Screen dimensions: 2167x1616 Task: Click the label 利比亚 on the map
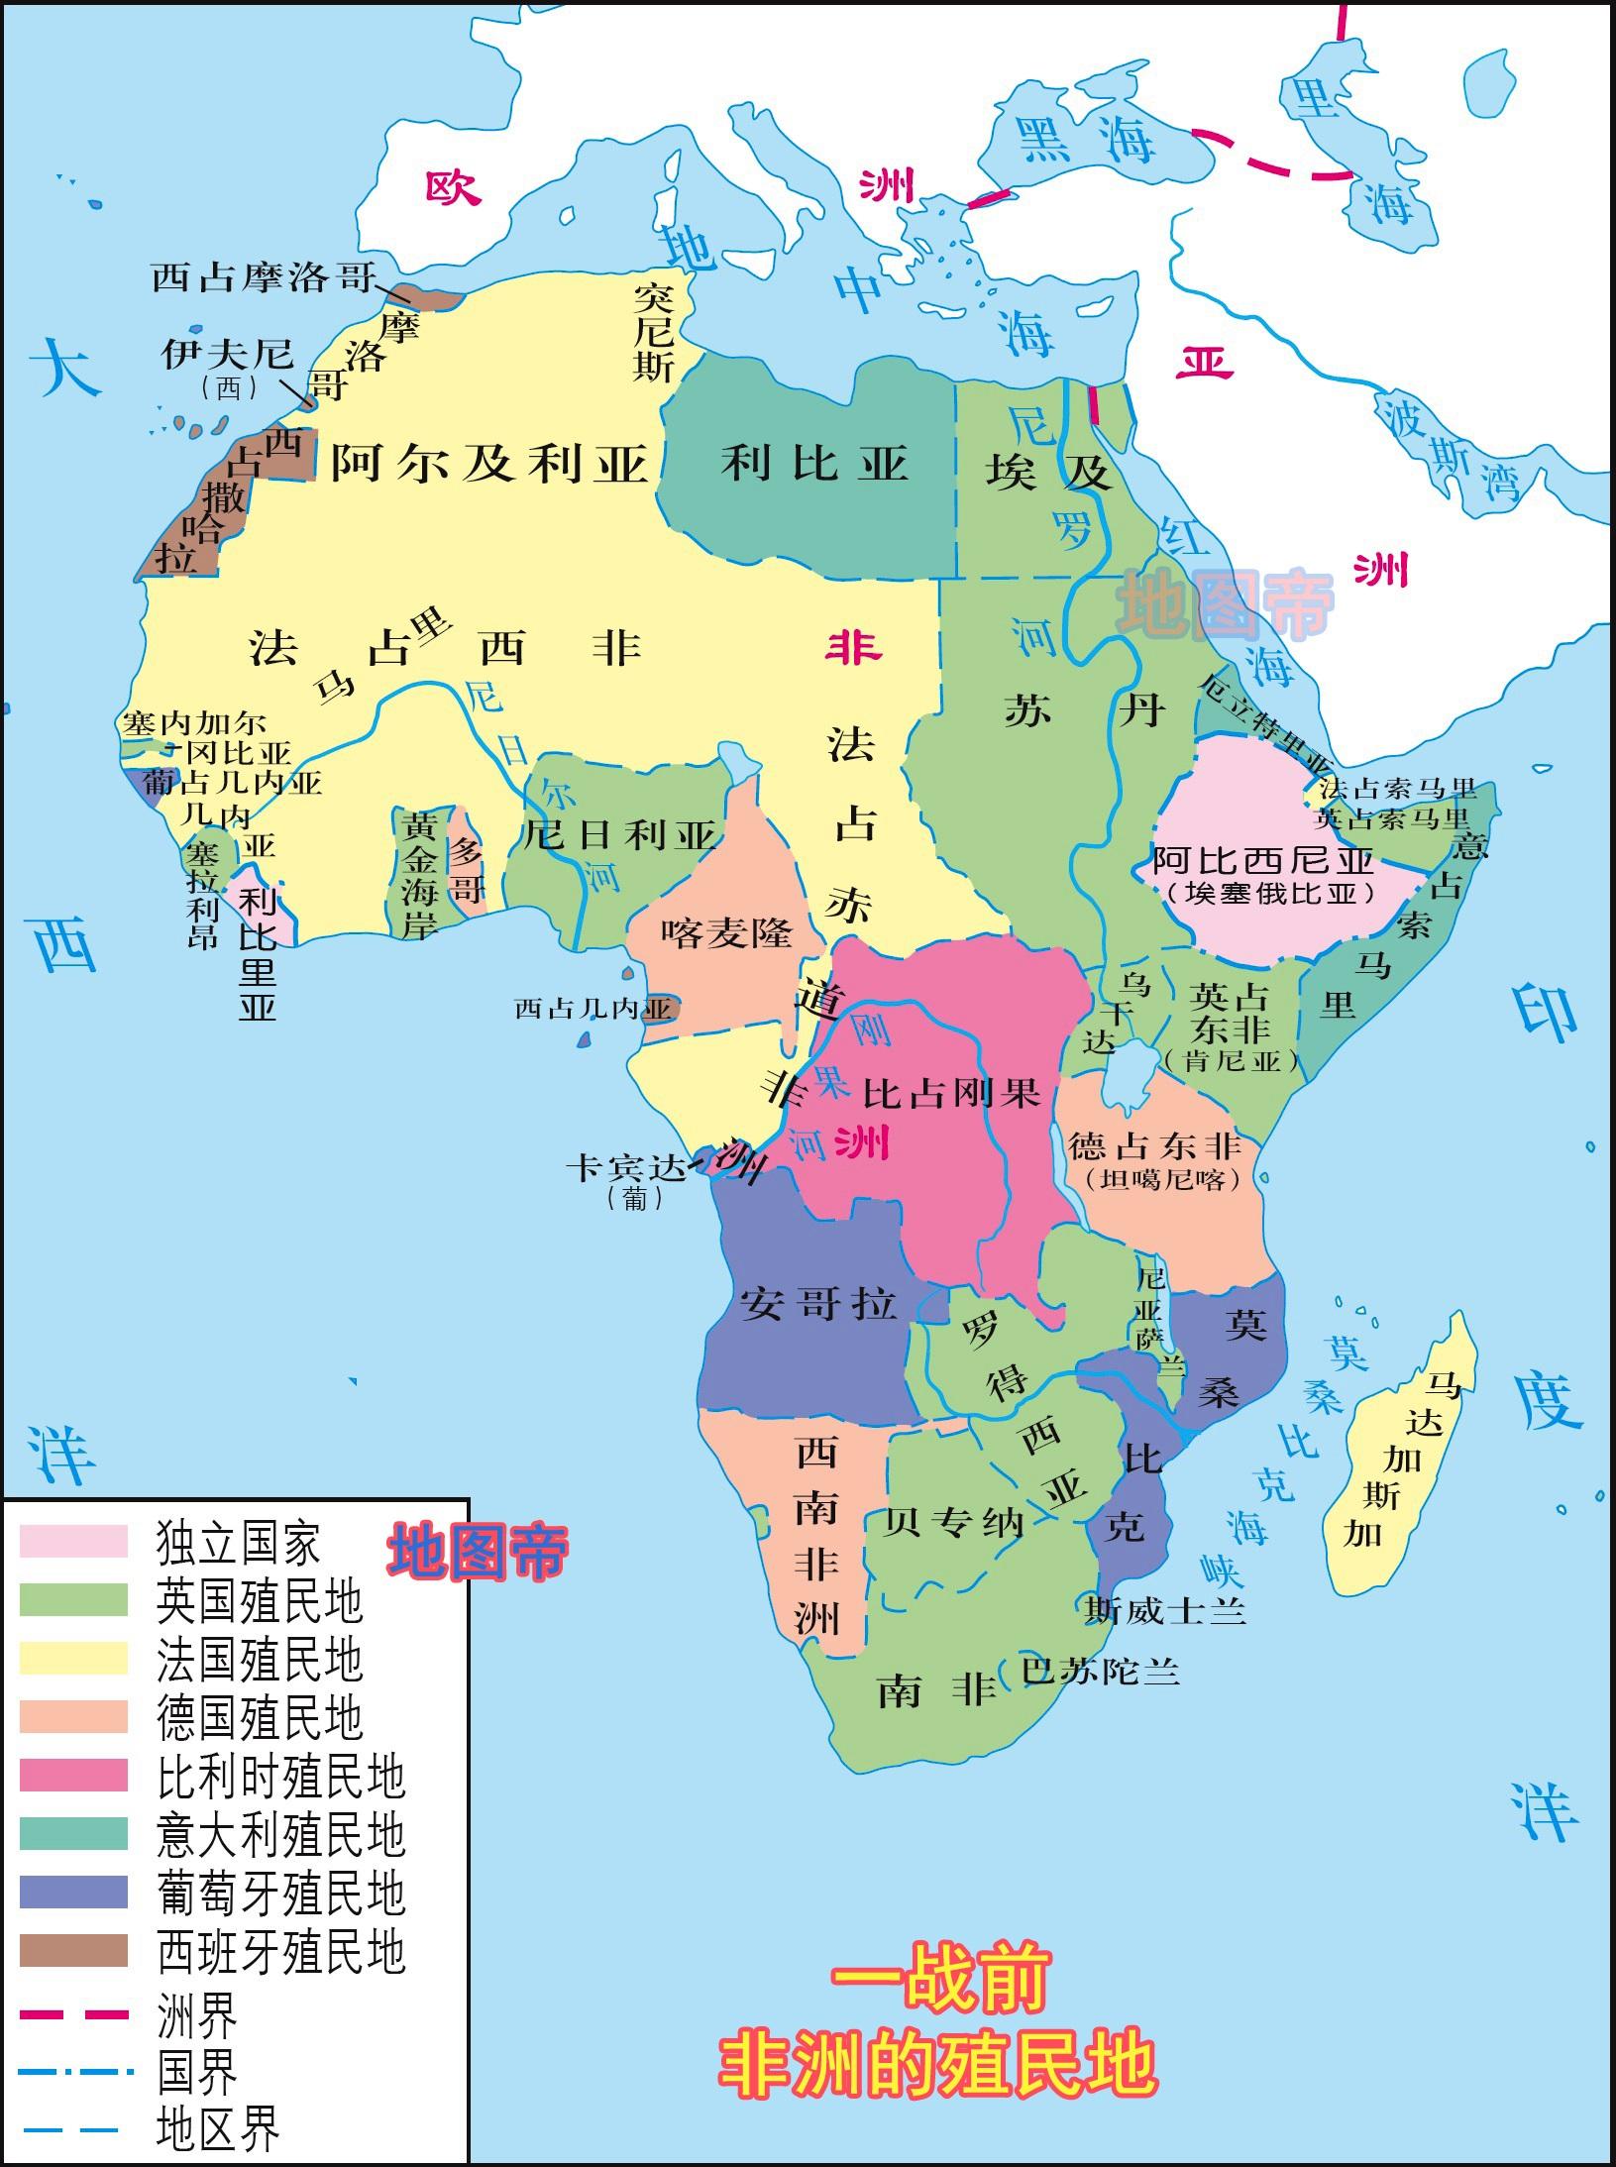click(x=814, y=464)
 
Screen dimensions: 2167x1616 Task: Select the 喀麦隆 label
click(x=727, y=932)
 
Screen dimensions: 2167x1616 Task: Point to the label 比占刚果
click(x=951, y=1093)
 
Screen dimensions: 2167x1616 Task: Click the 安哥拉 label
click(x=818, y=1304)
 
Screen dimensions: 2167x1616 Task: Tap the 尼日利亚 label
click(x=619, y=835)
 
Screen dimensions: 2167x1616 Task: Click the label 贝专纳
click(x=953, y=1521)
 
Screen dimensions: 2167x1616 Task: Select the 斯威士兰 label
click(x=1164, y=1610)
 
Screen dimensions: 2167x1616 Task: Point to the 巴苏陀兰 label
click(x=1100, y=1671)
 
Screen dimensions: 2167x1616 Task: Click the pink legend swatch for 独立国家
click(x=74, y=1542)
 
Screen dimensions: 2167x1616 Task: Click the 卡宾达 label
click(x=625, y=1170)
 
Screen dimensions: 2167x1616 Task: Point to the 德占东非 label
click(x=1154, y=1147)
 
